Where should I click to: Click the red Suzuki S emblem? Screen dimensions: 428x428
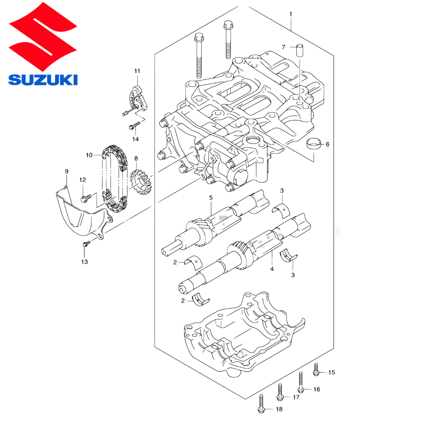click(x=43, y=36)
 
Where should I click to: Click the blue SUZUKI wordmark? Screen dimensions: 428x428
click(x=43, y=80)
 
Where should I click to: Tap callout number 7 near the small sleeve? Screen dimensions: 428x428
click(x=283, y=47)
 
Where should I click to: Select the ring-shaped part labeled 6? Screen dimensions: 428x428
click(x=313, y=143)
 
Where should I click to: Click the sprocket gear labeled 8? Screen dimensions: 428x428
click(x=141, y=182)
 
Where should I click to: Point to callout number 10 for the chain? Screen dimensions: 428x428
click(x=89, y=155)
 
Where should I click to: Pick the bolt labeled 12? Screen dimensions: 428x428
click(x=86, y=198)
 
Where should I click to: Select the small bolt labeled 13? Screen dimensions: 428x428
click(x=86, y=243)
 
